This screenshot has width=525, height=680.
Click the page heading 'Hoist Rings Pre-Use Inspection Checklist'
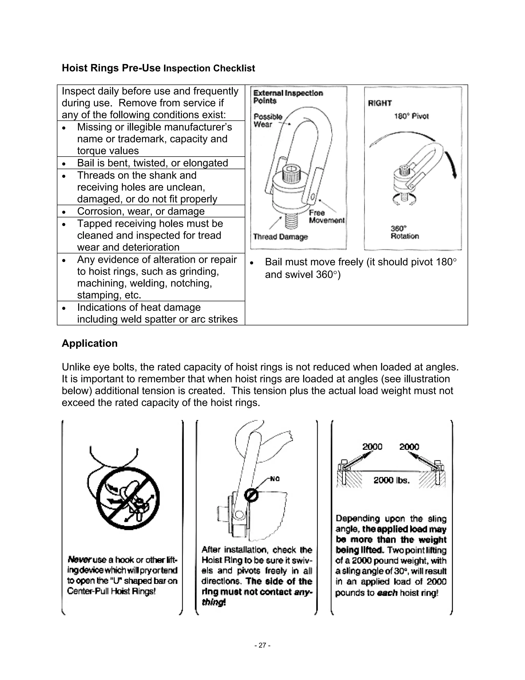[158, 68]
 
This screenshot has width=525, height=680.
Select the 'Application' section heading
[89, 343]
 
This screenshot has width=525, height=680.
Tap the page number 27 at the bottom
[262, 645]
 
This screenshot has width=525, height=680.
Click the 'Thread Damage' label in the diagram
[280, 237]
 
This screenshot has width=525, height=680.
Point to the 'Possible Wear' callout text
[268, 121]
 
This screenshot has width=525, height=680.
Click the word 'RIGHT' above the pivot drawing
[380, 103]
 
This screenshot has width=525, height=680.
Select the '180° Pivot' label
[411, 116]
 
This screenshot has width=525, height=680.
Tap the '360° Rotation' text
[405, 232]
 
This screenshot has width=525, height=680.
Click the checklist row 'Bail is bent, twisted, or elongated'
[153, 163]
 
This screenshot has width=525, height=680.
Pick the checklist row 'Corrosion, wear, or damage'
[140, 211]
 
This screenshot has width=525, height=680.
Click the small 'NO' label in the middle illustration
[275, 479]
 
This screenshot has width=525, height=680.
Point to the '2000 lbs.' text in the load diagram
[391, 480]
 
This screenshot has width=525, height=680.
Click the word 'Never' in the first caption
[79, 560]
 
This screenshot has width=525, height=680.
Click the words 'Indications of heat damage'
[139, 307]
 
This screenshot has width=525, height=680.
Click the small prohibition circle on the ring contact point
[251, 495]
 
